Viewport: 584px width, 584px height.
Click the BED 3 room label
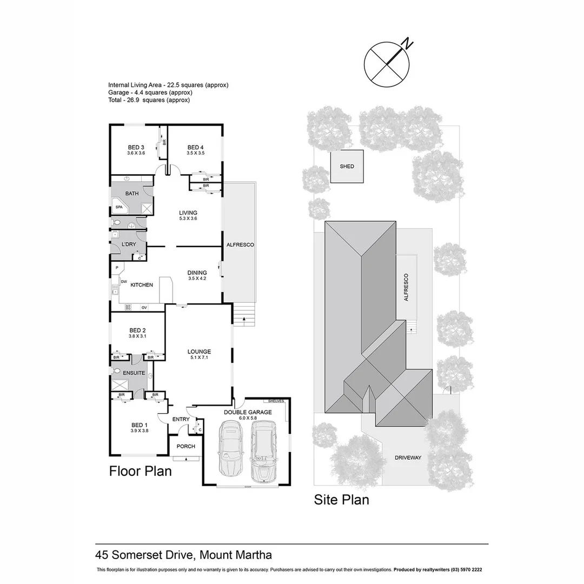pyautogui.click(x=136, y=147)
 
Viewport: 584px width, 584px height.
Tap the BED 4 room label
pyautogui.click(x=195, y=147)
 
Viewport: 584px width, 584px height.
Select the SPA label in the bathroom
pyautogui.click(x=119, y=207)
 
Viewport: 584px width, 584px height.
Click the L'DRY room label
pyautogui.click(x=129, y=244)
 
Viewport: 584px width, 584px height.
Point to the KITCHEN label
pyautogui.click(x=141, y=285)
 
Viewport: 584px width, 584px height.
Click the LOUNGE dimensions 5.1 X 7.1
pyautogui.click(x=200, y=357)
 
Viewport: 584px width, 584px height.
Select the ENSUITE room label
pyautogui.click(x=134, y=373)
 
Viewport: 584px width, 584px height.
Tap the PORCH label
pyautogui.click(x=185, y=446)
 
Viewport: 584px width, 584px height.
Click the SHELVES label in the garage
pyautogui.click(x=276, y=401)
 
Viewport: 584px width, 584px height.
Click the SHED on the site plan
pyautogui.click(x=347, y=167)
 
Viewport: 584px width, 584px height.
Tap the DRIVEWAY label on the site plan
pyautogui.click(x=408, y=457)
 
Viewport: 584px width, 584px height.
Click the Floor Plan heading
pyautogui.click(x=141, y=471)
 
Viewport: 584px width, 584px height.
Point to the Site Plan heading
pyautogui.click(x=342, y=500)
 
